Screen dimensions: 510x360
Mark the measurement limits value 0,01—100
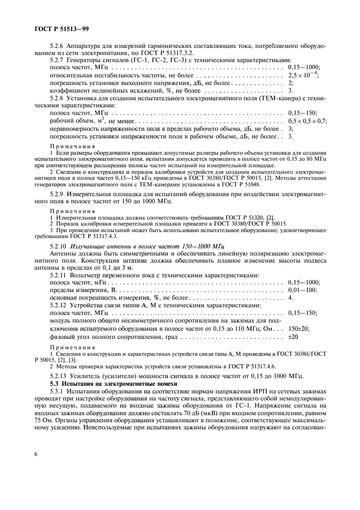302,290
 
